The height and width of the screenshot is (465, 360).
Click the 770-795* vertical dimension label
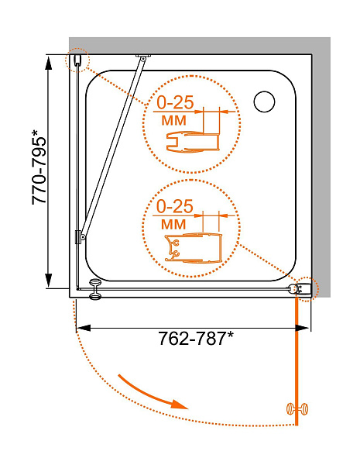click(39, 167)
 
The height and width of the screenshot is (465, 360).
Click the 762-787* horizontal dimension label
click(196, 338)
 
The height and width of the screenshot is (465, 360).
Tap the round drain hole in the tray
click(264, 102)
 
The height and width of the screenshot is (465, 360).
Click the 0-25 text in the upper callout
click(175, 102)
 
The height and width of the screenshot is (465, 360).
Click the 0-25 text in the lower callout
click(174, 206)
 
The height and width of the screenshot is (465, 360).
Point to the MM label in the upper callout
click(174, 120)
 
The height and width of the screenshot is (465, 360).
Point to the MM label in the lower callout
click(173, 224)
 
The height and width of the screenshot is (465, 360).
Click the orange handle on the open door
click(297, 409)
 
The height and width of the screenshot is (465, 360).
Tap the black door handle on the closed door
click(95, 289)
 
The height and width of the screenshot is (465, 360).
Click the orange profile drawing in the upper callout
click(193, 143)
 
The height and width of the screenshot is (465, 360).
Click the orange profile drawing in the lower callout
click(194, 248)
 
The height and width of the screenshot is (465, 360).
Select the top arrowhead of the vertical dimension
click(48, 62)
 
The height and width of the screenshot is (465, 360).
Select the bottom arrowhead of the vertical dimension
click(48, 281)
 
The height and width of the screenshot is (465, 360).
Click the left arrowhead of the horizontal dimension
click(84, 328)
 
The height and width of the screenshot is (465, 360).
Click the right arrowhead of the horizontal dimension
click(302, 328)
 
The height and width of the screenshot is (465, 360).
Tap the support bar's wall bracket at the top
click(143, 57)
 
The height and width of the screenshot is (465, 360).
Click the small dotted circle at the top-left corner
click(77, 60)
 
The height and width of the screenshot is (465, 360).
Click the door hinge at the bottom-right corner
click(300, 289)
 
